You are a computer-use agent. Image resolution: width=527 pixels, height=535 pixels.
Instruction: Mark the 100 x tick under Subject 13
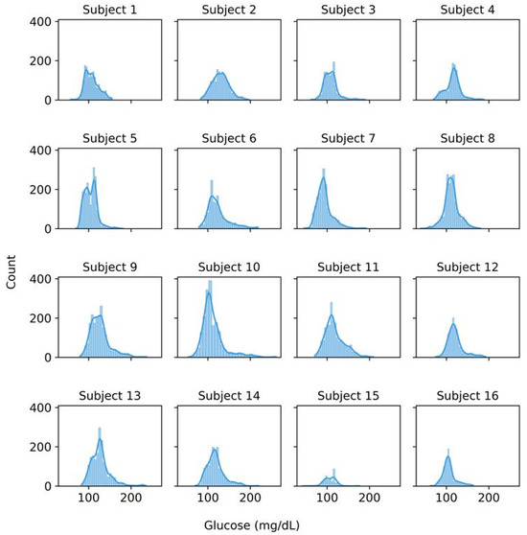(89, 500)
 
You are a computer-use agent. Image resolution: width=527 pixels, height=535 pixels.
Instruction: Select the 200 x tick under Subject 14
(250, 500)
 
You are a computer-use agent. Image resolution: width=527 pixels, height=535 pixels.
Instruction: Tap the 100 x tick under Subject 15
(327, 500)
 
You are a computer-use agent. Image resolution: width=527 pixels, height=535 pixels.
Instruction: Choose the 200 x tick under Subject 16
(488, 500)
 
